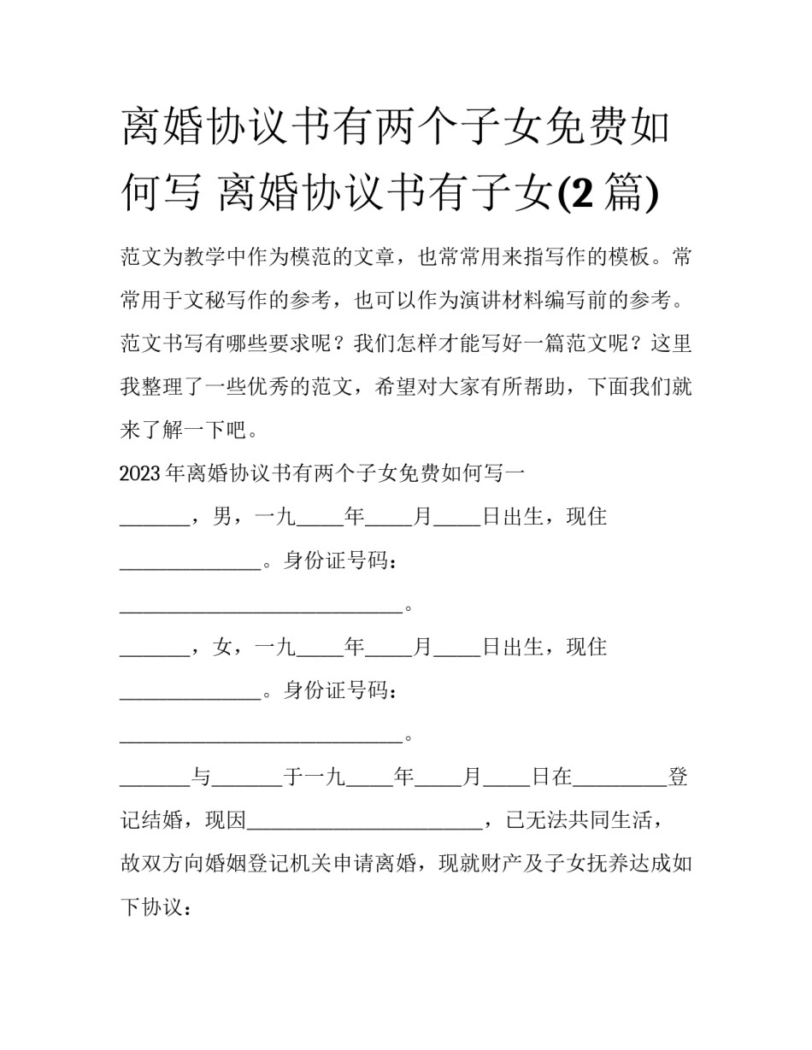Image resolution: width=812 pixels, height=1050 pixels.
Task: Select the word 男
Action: [x=222, y=518]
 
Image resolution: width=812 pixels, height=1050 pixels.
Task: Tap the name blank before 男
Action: [x=154, y=521]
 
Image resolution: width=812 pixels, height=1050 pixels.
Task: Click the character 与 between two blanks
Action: [x=201, y=777]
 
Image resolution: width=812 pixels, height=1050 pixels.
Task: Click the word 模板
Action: [x=633, y=257]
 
